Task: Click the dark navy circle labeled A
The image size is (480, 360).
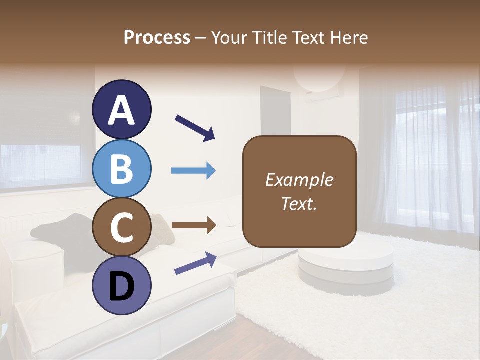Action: click(122, 110)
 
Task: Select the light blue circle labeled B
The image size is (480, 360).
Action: click(122, 169)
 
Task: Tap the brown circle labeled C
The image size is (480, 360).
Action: click(122, 227)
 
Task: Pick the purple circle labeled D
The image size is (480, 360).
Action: click(122, 286)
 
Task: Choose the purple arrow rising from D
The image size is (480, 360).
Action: click(195, 263)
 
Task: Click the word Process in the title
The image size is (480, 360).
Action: click(157, 38)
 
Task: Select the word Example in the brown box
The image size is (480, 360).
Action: click(299, 180)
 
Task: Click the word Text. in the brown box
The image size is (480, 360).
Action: click(299, 203)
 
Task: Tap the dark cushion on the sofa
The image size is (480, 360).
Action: click(65, 230)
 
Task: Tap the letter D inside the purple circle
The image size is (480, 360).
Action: click(122, 287)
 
